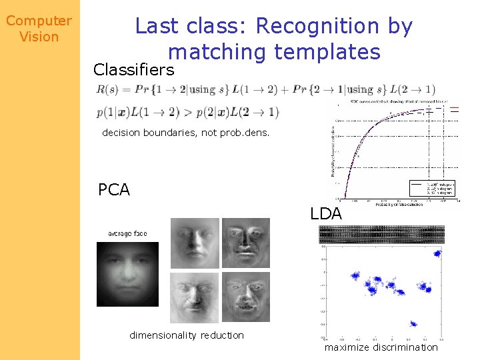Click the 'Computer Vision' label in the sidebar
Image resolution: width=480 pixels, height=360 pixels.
click(39, 29)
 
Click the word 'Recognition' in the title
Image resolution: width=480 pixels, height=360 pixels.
click(317, 26)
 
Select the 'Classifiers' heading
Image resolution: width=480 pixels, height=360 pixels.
click(134, 69)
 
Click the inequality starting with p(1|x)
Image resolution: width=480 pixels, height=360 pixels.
click(187, 112)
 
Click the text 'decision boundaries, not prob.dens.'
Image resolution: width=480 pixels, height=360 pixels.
click(185, 133)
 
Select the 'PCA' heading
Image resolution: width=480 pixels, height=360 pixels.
click(113, 190)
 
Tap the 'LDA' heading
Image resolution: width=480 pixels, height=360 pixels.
click(326, 214)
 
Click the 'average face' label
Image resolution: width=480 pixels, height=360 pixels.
click(127, 233)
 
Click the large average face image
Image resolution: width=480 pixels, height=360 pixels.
click(128, 274)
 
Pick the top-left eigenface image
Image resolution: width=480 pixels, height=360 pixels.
click(195, 243)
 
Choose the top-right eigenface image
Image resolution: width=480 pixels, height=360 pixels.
click(246, 243)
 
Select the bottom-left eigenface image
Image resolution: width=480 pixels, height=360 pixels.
click(195, 297)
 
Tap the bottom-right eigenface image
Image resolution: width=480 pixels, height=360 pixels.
click(246, 297)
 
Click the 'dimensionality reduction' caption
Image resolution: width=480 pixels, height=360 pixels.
click(187, 335)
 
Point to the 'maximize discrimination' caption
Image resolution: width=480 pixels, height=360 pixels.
click(381, 347)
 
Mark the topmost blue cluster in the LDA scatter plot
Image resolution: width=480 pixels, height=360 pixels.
click(437, 253)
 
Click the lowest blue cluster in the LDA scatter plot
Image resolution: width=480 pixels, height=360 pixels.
click(413, 324)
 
